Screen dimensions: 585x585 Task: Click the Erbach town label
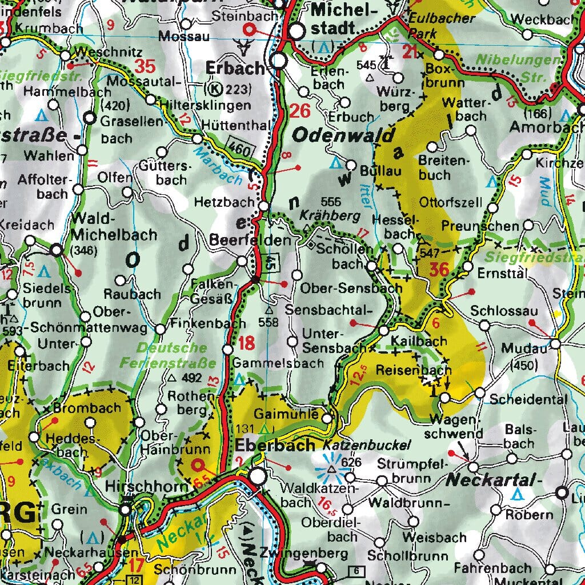pos(235,68)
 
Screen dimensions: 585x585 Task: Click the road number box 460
pos(237,146)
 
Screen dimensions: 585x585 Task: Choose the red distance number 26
pos(300,110)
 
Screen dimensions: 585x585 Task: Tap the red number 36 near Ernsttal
pos(439,269)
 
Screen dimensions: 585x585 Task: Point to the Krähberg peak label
pos(330,216)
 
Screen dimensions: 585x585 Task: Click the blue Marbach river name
pos(217,166)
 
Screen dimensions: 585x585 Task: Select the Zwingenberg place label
pos(303,554)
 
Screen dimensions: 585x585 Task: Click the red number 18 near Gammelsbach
pos(246,343)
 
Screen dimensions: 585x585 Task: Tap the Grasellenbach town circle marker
pos(89,118)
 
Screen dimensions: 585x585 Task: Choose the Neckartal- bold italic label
pos(492,479)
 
